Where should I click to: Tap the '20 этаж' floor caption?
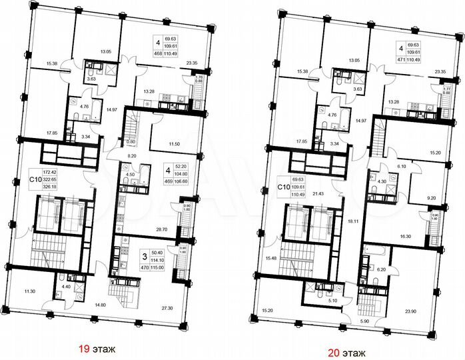click(x=359, y=347)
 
